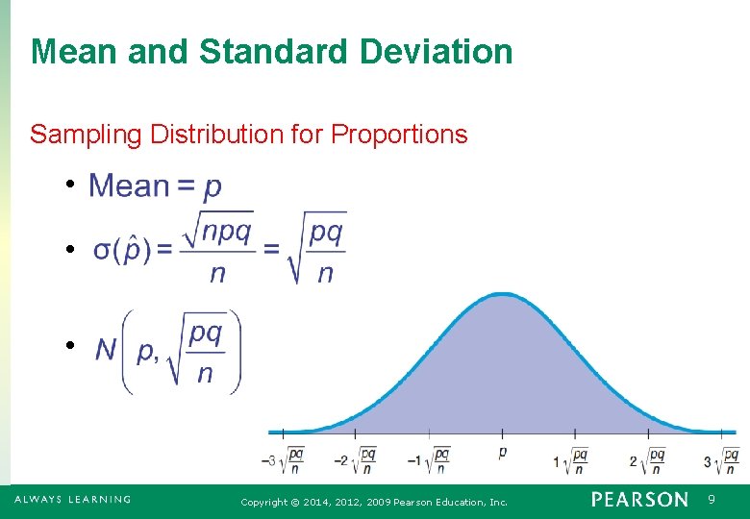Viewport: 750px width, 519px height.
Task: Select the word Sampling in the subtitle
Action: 86,135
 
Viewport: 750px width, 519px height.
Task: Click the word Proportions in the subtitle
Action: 399,135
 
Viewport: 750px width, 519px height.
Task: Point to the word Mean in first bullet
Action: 129,185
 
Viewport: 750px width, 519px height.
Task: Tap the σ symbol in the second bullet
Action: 102,250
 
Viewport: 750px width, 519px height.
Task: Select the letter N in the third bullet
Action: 107,350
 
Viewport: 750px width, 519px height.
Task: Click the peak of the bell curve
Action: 502,295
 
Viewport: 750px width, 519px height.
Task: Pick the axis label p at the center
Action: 502,451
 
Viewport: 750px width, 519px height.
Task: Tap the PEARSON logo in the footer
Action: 639,500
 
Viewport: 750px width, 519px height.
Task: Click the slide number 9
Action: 712,500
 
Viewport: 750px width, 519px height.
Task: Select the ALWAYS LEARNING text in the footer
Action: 72,500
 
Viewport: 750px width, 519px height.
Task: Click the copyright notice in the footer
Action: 374,502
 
